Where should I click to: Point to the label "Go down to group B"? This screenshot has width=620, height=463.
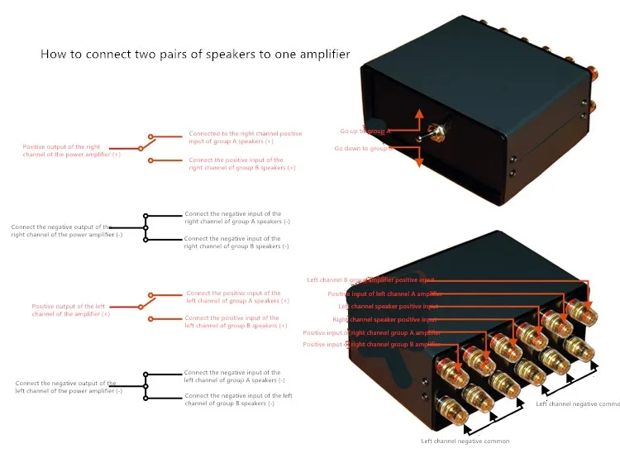click(362, 149)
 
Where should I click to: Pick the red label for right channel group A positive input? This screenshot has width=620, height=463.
click(245, 136)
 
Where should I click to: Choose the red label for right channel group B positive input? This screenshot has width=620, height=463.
click(241, 164)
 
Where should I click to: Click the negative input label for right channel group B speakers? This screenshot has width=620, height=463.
click(236, 242)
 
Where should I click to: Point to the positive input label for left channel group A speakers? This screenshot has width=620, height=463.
click(237, 297)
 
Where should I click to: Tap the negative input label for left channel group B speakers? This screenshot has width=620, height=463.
click(238, 399)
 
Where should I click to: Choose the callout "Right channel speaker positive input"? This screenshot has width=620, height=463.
click(384, 319)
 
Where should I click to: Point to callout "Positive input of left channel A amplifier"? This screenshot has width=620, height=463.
click(384, 294)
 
